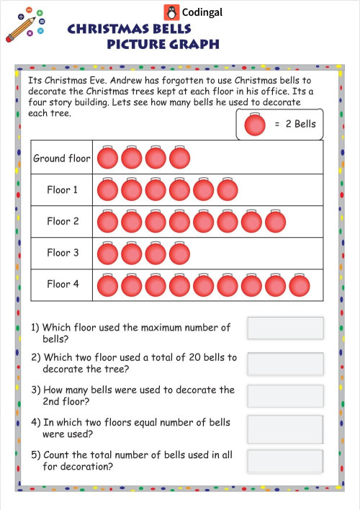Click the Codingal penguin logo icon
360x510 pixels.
click(x=171, y=12)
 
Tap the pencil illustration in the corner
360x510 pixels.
click(x=19, y=29)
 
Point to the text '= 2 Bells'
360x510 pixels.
click(x=294, y=124)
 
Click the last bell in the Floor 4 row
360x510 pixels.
click(x=300, y=285)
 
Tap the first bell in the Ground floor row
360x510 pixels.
click(x=107, y=158)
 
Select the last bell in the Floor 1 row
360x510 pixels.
click(x=228, y=190)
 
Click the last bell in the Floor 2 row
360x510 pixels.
click(x=275, y=222)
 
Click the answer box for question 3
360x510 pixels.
click(x=285, y=395)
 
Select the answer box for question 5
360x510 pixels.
click(x=285, y=461)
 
